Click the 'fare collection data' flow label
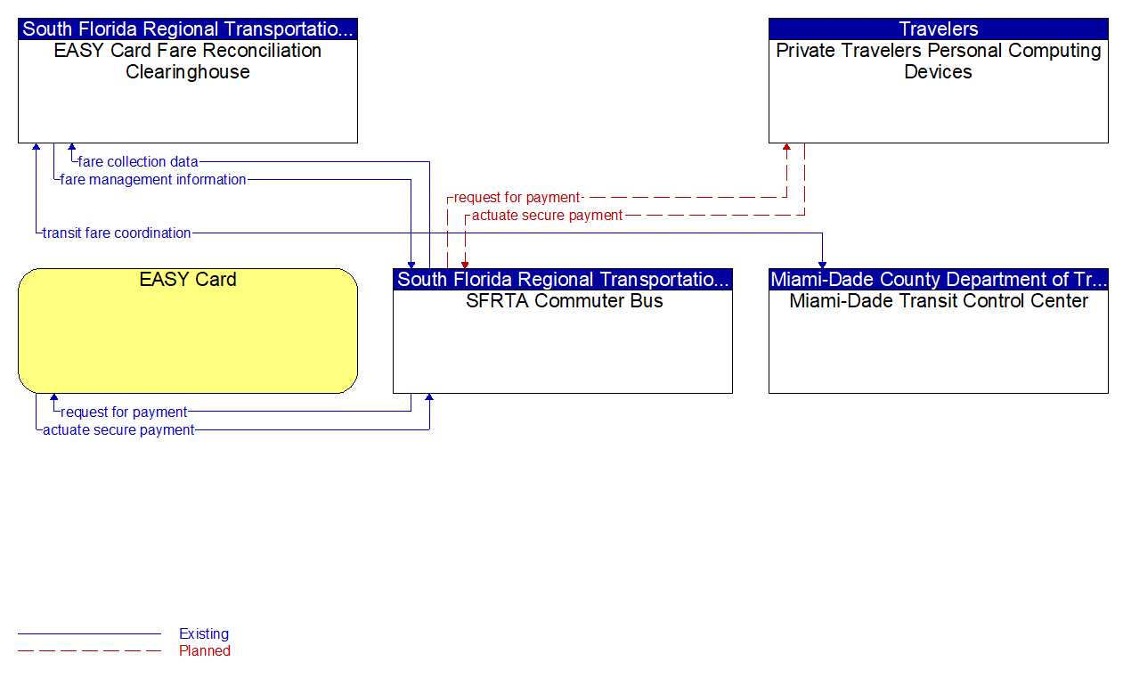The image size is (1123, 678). pos(138,162)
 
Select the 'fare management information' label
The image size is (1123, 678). pos(153,180)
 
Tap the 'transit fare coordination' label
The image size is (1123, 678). pos(117,233)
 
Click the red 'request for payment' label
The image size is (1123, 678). pos(517,198)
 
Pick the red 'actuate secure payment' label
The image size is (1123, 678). pos(547,216)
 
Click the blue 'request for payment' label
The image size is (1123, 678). pos(124,413)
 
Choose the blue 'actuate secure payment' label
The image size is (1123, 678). pos(118,430)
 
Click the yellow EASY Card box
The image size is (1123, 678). pos(188,331)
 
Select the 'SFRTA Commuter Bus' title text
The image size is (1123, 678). pos(564,301)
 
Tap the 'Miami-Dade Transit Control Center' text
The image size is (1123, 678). pos(939,301)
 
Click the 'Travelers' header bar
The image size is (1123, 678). pos(939,29)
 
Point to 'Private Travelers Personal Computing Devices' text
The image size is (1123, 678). pos(939,61)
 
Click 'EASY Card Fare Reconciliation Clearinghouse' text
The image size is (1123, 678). pos(188,61)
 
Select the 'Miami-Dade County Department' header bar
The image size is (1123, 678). pos(939,280)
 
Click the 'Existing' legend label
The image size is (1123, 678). pos(204,634)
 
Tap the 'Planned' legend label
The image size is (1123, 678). pos(205,651)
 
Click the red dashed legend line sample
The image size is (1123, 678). pos(89,651)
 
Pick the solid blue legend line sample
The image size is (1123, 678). pos(89,634)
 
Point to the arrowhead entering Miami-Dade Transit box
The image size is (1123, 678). pos(822,264)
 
